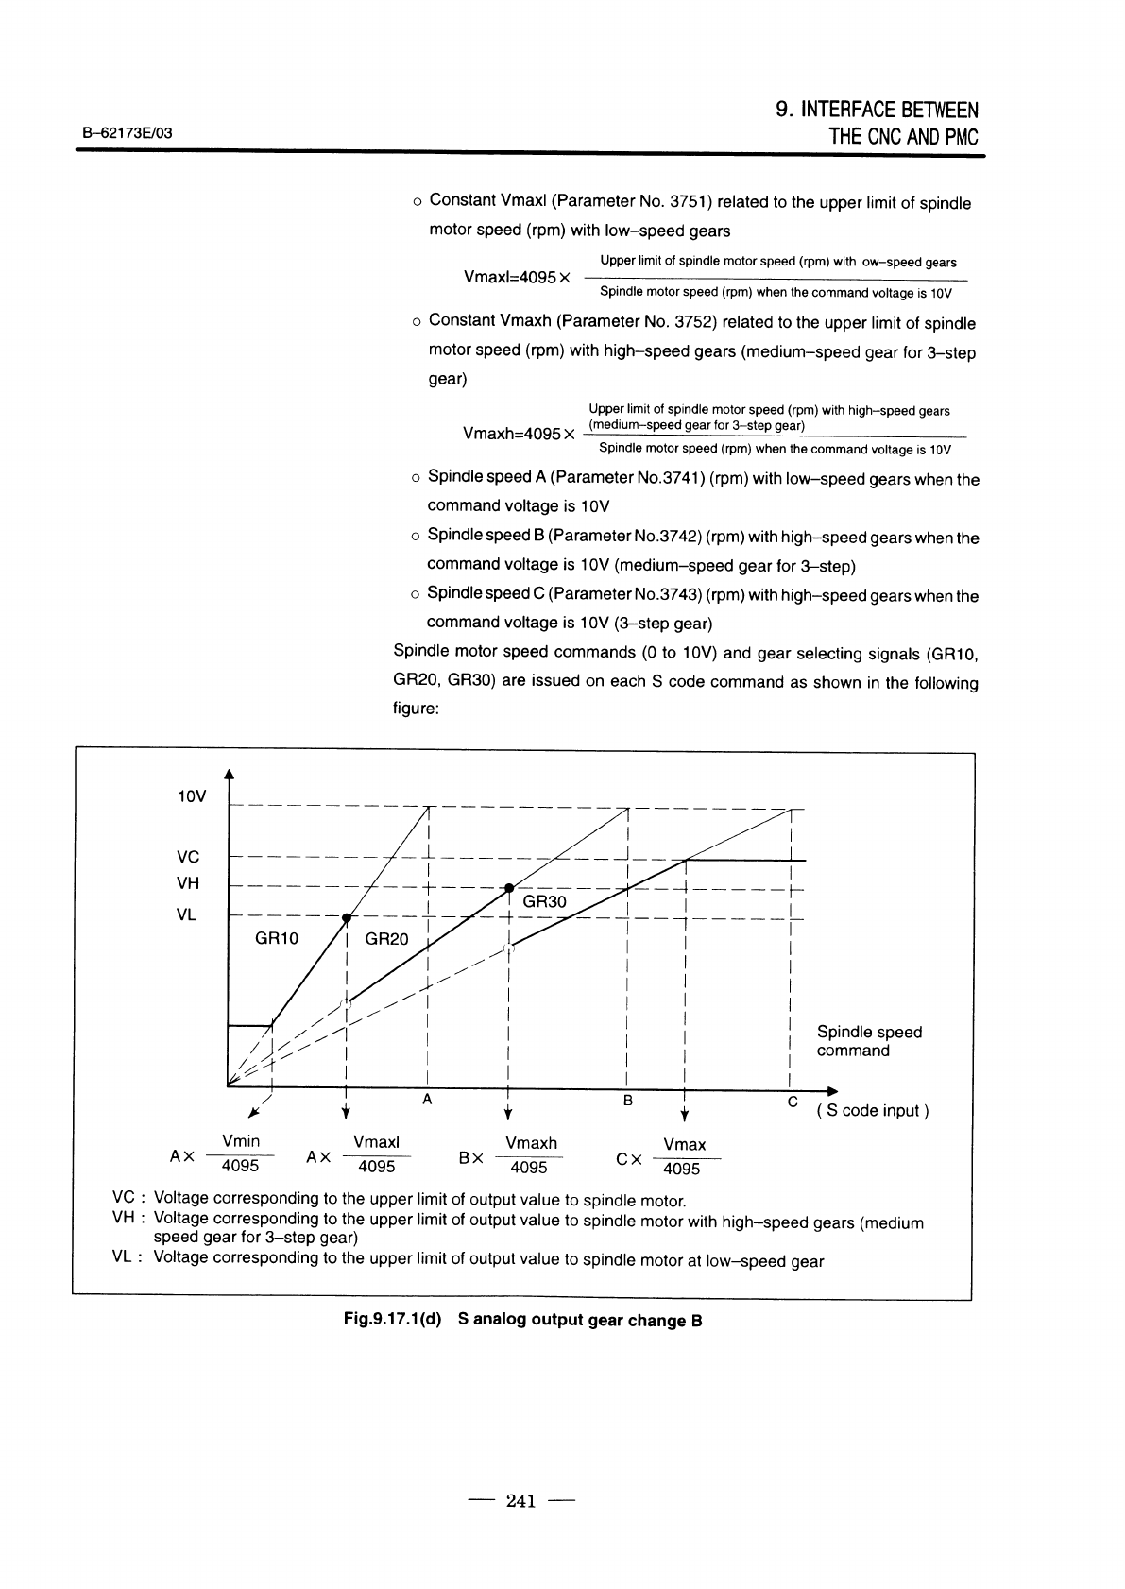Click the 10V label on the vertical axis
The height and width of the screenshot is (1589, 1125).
(191, 796)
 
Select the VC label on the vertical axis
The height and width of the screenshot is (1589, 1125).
(188, 857)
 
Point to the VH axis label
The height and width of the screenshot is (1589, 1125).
(188, 883)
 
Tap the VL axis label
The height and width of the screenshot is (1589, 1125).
(187, 914)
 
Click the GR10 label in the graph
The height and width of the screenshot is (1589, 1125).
(277, 939)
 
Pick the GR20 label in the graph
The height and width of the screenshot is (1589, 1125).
(386, 939)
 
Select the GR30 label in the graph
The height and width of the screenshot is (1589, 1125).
(544, 902)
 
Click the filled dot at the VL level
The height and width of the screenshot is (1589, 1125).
(347, 918)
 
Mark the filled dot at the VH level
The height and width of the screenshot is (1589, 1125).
(508, 888)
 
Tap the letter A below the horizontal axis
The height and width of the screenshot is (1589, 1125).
(427, 1100)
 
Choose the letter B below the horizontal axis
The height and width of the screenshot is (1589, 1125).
(627, 1101)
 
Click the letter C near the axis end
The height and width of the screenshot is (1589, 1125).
(793, 1102)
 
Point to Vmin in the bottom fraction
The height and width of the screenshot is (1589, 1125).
(240, 1142)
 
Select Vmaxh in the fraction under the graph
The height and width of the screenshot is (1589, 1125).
(531, 1143)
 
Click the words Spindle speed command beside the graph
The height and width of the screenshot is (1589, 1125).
(868, 1041)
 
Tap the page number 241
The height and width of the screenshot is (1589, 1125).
(521, 1500)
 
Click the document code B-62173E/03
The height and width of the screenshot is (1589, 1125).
(124, 133)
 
